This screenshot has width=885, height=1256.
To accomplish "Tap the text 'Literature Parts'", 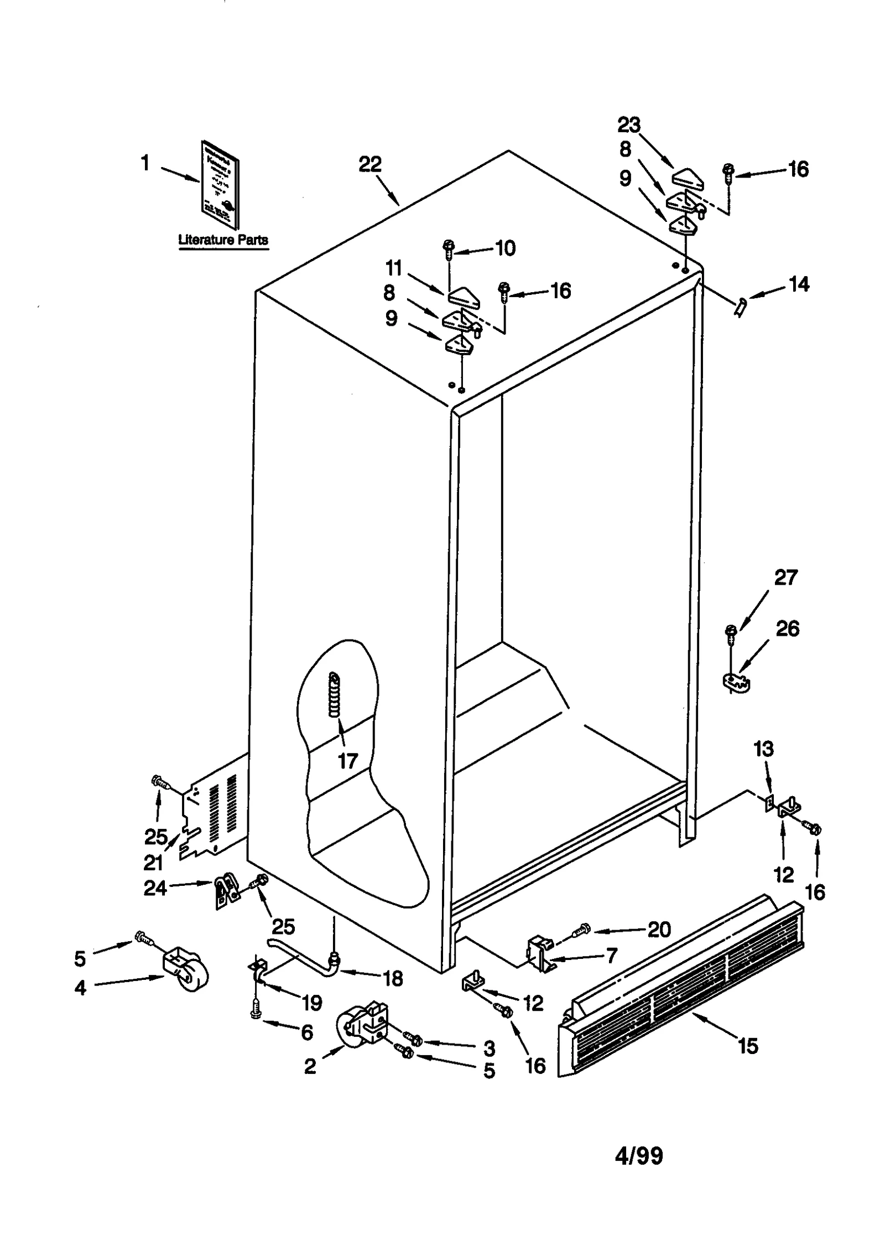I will (x=223, y=240).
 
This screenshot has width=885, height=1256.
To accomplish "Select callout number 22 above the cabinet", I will (x=370, y=164).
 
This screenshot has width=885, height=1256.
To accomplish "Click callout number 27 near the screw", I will (x=785, y=578).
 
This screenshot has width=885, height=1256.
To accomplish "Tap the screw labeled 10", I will (x=448, y=248).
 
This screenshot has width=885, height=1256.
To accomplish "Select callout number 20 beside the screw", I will (x=659, y=930).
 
